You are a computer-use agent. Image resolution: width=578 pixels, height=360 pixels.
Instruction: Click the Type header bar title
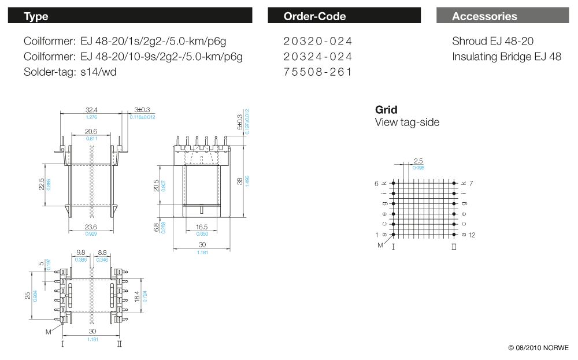[x=36, y=16]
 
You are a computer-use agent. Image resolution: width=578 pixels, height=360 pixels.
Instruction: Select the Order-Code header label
[x=314, y=16]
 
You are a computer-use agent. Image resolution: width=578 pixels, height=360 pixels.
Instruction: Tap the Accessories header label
[x=484, y=16]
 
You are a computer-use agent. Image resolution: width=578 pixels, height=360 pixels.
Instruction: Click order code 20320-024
[x=317, y=42]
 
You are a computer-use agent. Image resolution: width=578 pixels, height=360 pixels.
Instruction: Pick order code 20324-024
[x=317, y=57]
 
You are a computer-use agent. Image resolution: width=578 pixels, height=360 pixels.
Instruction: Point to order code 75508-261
[x=317, y=72]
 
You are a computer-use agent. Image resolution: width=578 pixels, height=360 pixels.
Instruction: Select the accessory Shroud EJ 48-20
[x=492, y=42]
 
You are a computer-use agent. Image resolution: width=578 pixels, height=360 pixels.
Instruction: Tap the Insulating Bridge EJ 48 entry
[x=506, y=57]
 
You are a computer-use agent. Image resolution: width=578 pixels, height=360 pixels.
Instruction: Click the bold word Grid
[x=386, y=110]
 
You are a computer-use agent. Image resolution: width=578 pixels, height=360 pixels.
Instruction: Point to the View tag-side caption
[x=407, y=123]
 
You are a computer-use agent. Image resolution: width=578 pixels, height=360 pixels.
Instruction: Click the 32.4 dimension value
[x=91, y=110]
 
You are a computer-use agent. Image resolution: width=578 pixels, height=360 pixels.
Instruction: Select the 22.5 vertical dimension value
[x=41, y=184]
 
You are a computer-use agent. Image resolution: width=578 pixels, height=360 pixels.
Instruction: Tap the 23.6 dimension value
[x=91, y=227]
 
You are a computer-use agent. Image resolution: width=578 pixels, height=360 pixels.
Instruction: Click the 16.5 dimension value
[x=202, y=227]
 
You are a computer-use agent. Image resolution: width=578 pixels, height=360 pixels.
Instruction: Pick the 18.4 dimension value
[x=137, y=296]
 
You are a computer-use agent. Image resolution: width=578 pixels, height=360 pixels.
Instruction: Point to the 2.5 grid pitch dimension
[x=418, y=161]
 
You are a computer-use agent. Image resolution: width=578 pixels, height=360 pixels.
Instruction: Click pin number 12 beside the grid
[x=472, y=235]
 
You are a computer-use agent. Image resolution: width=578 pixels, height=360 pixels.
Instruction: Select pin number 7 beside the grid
[x=471, y=183]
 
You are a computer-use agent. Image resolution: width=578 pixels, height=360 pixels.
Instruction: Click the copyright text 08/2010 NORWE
[x=538, y=348]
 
